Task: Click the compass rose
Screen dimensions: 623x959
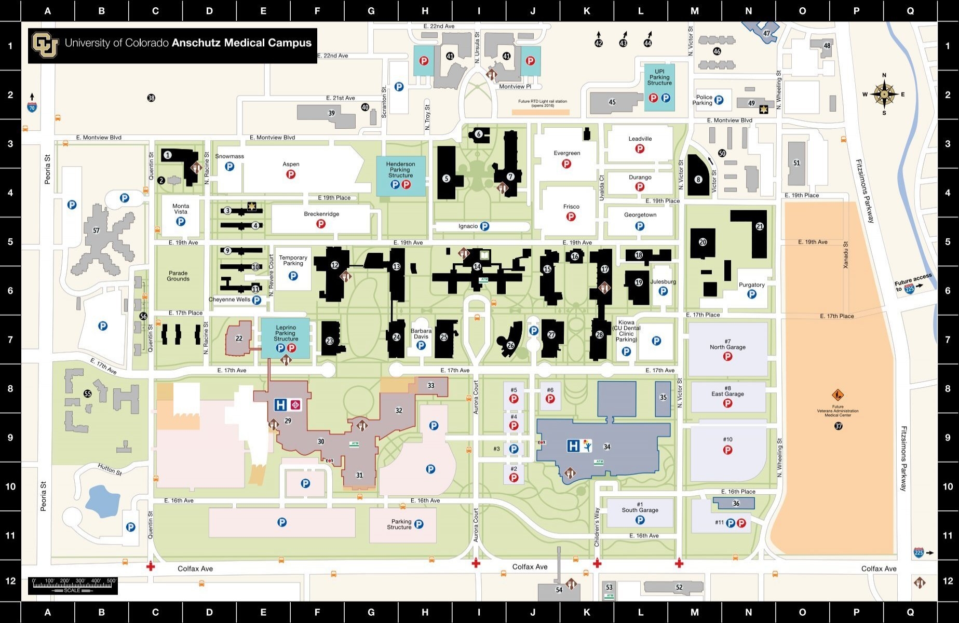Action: [884, 94]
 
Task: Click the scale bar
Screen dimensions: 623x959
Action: [72, 585]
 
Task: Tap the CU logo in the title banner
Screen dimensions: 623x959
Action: [45, 44]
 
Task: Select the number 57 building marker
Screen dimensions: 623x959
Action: [96, 231]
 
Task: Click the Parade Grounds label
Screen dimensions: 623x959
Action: [178, 276]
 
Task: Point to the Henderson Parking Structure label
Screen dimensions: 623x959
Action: [400, 169]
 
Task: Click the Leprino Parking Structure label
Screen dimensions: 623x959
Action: [286, 333]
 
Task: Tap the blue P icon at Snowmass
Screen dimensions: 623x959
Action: [229, 167]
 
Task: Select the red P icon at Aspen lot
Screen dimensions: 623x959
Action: [291, 174]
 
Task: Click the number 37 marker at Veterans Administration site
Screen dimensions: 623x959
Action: [838, 426]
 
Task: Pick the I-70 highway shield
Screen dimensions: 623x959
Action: [32, 107]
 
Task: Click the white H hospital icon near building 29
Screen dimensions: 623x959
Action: [281, 404]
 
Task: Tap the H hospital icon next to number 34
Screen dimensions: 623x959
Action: [573, 445]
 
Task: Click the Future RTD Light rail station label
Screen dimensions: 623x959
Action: [543, 103]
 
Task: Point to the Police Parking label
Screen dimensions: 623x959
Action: [704, 100]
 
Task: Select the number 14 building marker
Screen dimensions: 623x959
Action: [477, 267]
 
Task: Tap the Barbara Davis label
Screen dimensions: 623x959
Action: [421, 333]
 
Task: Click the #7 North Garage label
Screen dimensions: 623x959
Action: [727, 344]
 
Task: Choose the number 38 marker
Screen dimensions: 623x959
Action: [151, 98]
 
